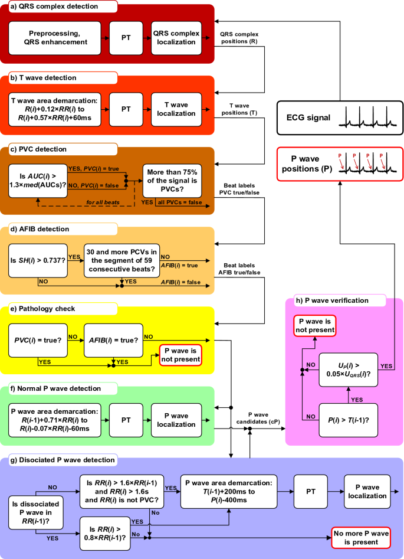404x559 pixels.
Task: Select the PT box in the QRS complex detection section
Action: [x=126, y=38]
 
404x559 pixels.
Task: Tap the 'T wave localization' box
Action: [x=175, y=109]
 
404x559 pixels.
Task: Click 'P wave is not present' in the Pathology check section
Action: [x=180, y=355]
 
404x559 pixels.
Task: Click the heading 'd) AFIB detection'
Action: [x=44, y=229]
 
